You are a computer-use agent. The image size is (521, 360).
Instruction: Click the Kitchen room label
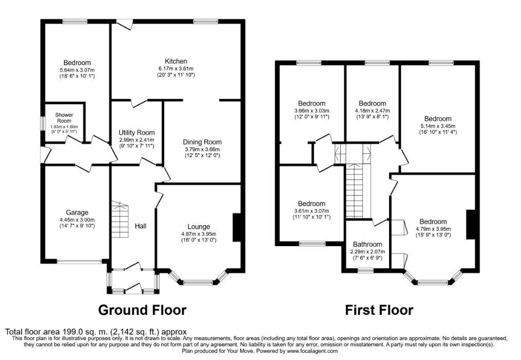[x=176, y=61]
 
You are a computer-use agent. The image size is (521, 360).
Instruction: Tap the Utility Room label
[x=137, y=133]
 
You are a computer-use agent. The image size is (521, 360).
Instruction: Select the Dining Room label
[x=202, y=142]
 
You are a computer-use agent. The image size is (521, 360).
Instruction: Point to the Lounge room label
[x=199, y=227]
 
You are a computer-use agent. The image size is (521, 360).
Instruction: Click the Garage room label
[x=77, y=212]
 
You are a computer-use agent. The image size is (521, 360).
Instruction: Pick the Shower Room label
[x=64, y=118]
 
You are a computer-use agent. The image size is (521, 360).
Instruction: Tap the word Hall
[x=141, y=226]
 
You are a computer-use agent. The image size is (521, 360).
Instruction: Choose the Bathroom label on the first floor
[x=368, y=245]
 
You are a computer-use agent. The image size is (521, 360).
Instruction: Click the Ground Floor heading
[x=142, y=310]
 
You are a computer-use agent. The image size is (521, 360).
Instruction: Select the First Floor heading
[x=379, y=310]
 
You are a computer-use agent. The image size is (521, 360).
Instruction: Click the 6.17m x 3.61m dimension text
[x=176, y=69]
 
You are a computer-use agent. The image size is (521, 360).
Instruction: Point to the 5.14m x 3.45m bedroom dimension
[x=438, y=126]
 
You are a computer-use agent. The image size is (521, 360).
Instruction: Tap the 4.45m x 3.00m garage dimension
[x=77, y=220]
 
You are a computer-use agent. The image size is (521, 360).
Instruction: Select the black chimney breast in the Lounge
[x=238, y=228]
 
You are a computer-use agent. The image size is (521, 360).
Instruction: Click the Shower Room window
[x=43, y=123]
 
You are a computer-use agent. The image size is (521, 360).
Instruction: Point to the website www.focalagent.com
[x=312, y=351]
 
